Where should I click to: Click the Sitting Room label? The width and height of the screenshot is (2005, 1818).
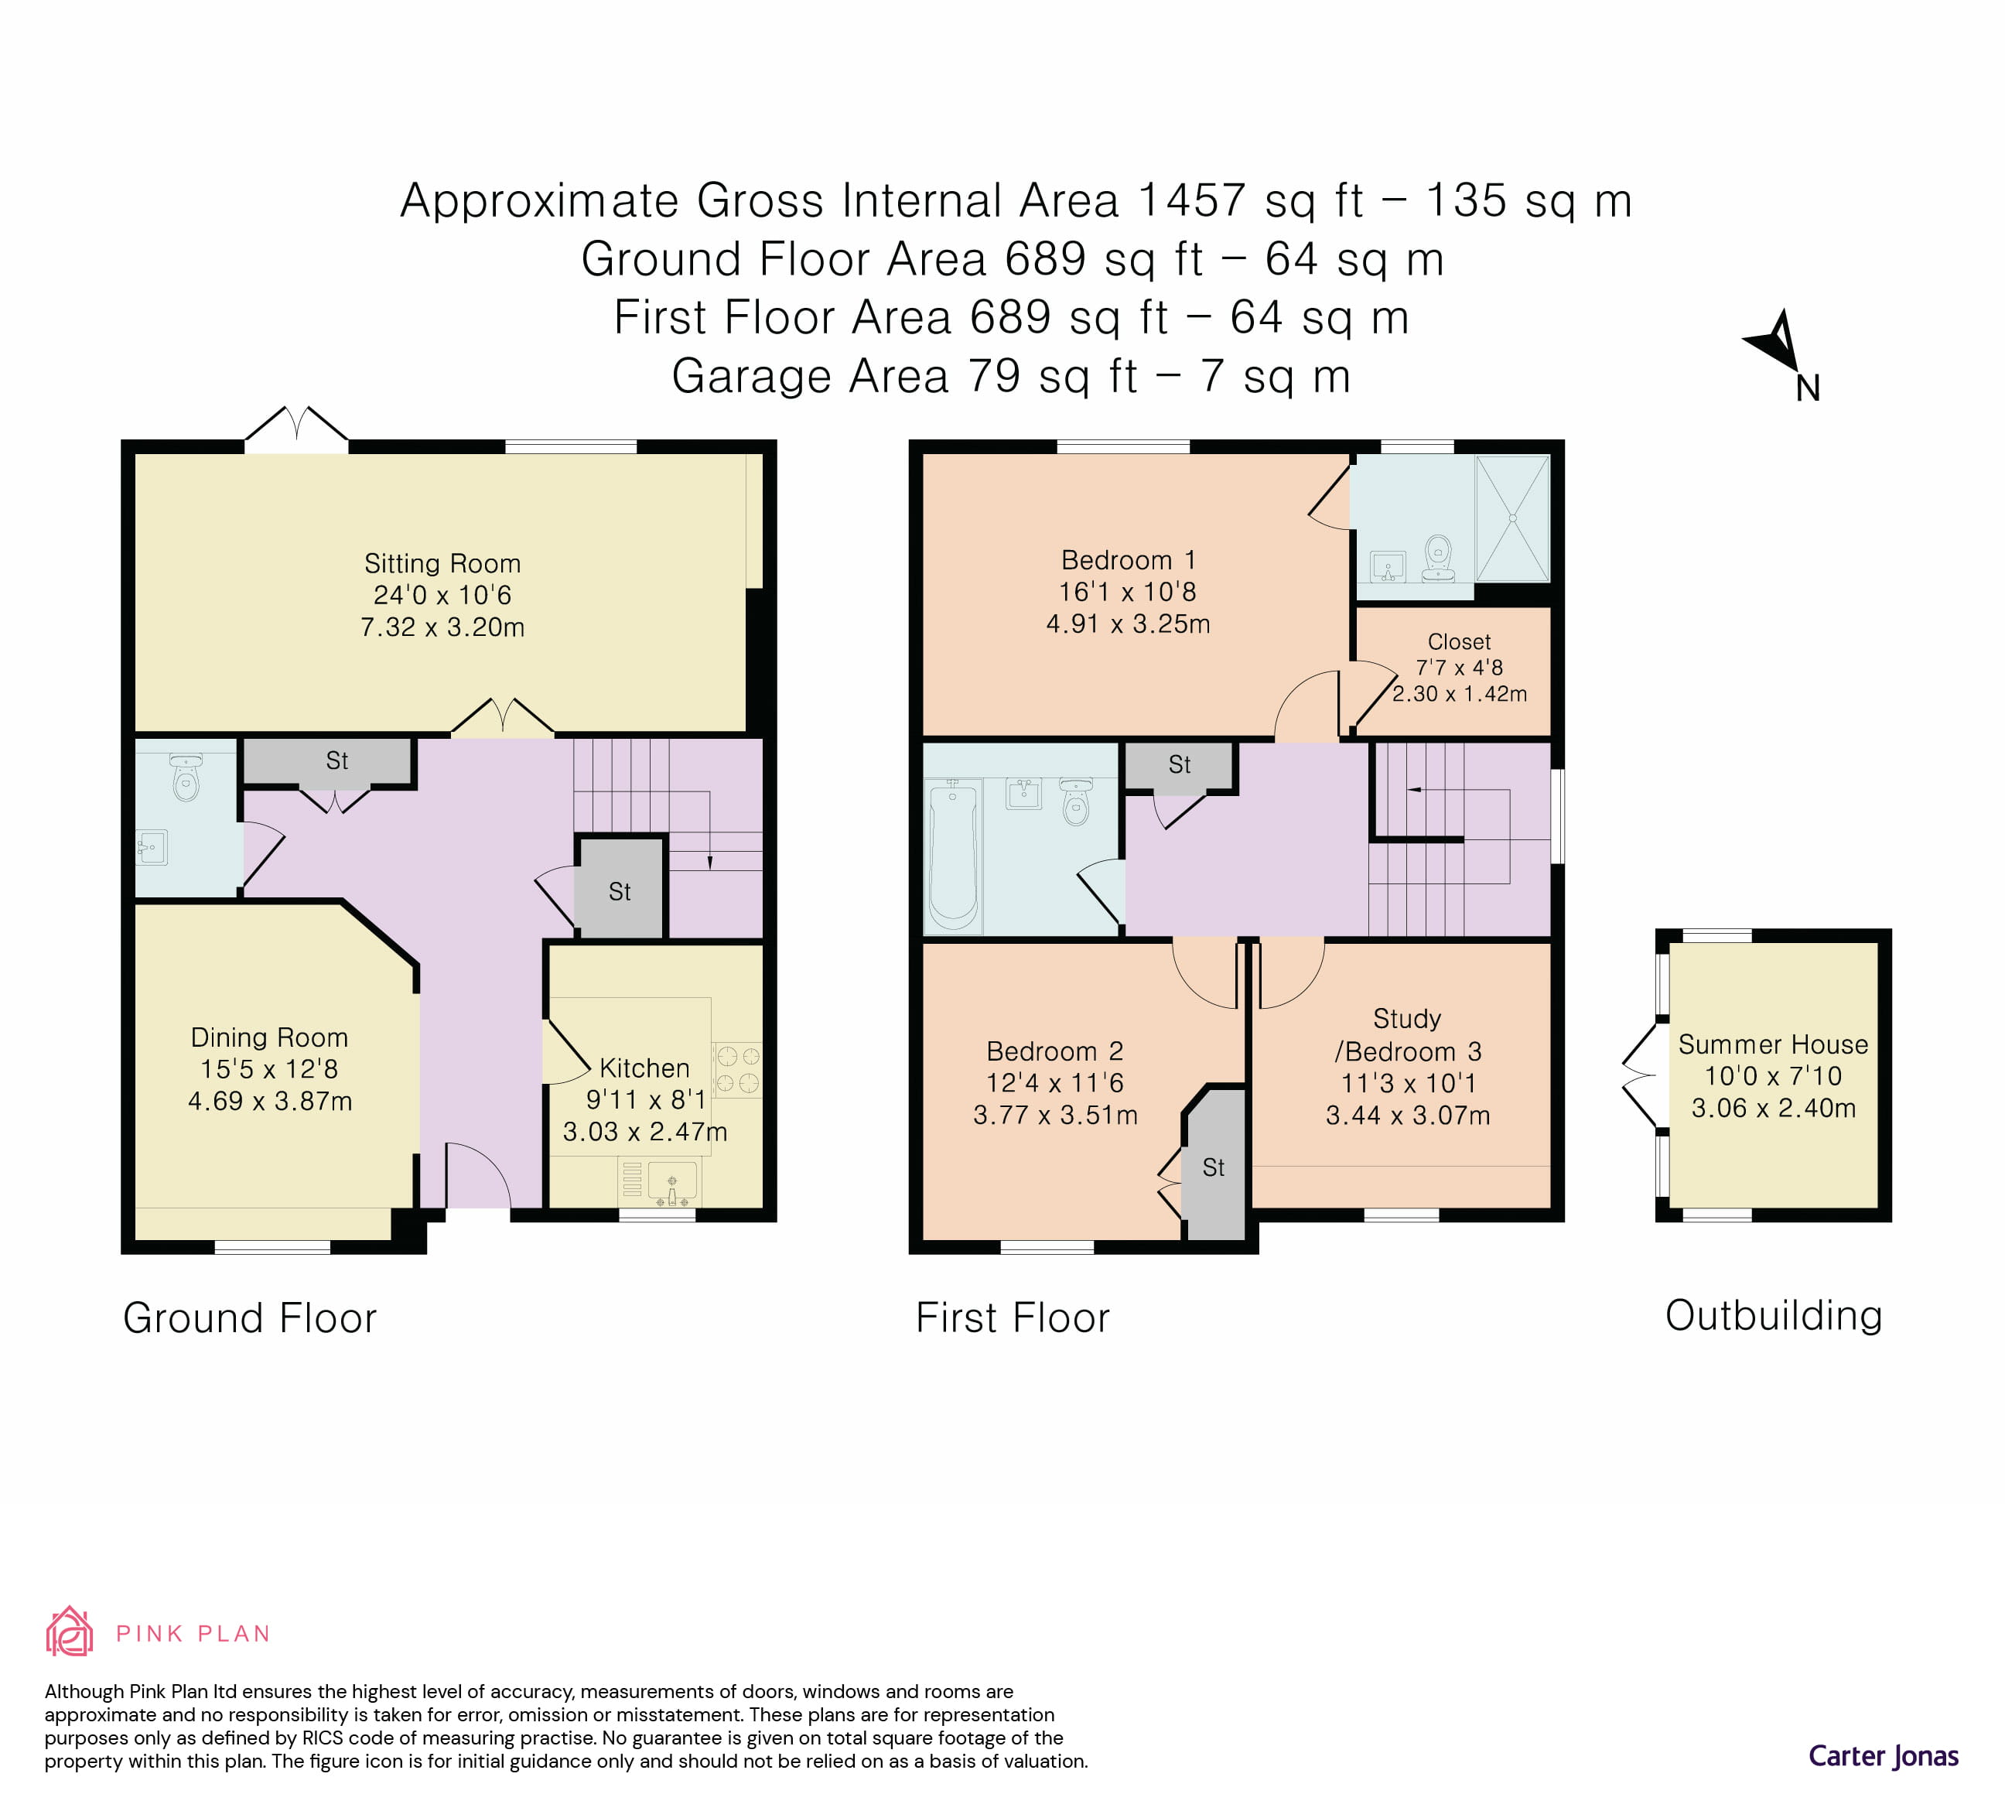pos(442,564)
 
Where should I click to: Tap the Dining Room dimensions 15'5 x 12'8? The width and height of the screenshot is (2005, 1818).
pos(268,1069)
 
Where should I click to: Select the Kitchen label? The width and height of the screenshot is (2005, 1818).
pos(644,1068)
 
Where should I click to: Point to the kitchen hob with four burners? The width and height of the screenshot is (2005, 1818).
pos(737,1069)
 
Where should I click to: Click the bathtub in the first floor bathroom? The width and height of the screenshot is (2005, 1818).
pos(953,856)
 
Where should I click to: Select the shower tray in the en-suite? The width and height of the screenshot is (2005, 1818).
pos(1511,518)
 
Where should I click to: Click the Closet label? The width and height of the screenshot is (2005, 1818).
pos(1459,641)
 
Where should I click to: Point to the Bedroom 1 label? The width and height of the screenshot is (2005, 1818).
pos(1128,560)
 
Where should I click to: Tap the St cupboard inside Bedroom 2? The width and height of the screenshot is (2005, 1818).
pos(1214,1167)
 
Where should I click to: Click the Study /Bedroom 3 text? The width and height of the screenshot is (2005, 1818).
pos(1406,1034)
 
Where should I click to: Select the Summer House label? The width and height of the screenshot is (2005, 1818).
pos(1772,1044)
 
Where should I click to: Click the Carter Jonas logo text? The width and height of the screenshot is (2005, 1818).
pos(1883,1756)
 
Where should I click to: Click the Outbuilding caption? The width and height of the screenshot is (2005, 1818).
pos(1773,1315)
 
